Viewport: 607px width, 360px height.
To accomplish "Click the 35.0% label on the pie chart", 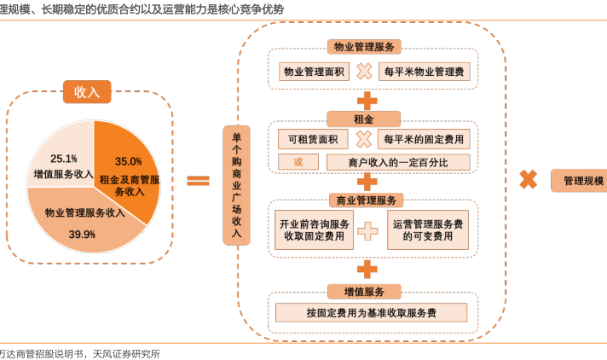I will pos(128,161).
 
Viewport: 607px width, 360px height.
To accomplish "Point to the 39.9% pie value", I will pos(82,234).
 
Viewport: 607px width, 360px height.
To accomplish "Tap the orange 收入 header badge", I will pos(87,91).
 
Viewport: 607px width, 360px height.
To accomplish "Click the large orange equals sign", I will pos(198,180).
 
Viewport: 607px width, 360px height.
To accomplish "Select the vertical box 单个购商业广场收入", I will pos(236,184).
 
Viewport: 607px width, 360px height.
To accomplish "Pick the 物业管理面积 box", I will pos(314,72).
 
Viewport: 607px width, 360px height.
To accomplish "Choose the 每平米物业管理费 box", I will pos(424,72).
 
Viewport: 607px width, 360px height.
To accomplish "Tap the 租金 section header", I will pos(364,117).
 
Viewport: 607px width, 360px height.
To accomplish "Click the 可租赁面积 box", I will pos(313,139).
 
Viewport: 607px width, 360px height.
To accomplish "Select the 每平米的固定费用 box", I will pos(424,139).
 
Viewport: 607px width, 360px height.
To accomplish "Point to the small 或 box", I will pos(298,162).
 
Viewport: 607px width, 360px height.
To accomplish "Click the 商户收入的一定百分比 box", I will pos(397,162).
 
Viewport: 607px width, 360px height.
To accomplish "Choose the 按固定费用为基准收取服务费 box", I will pos(372,313).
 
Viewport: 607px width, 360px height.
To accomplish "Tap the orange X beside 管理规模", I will pos(529,179).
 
